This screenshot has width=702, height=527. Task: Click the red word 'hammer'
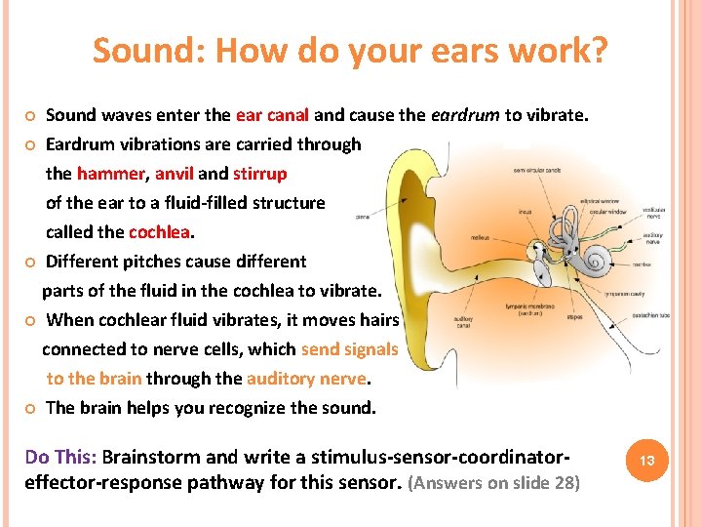(x=110, y=174)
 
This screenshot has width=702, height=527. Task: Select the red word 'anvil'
(x=174, y=174)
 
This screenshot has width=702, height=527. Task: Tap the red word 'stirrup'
(x=259, y=174)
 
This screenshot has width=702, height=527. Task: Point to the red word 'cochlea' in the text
(x=160, y=232)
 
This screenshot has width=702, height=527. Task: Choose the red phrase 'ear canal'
(x=272, y=115)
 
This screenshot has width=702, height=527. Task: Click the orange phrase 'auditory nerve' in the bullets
(x=307, y=379)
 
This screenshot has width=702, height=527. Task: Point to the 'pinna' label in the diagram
(x=362, y=218)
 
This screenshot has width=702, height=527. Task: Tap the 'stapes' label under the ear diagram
(x=573, y=317)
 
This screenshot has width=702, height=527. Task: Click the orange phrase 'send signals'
(x=349, y=349)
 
